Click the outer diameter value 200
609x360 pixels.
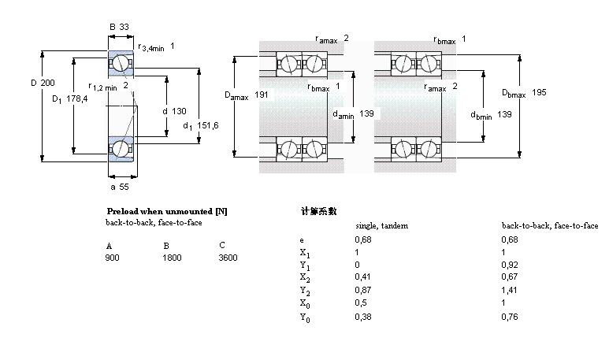coord(48,83)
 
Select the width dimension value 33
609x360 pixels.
coord(124,27)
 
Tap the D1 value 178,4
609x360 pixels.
coord(77,98)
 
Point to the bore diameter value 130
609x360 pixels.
coord(179,111)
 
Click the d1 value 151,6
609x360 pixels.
coord(208,125)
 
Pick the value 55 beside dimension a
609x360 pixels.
coord(124,187)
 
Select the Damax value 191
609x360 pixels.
coord(262,95)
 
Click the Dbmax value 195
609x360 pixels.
coord(539,92)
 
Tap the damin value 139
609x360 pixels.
coord(366,113)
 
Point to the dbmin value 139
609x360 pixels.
coord(504,114)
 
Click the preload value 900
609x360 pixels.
coord(112,258)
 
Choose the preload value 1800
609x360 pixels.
coord(172,258)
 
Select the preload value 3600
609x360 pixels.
coord(228,258)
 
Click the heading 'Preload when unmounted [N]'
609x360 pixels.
coord(167,211)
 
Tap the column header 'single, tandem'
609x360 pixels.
coord(382,225)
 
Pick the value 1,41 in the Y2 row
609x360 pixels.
coord(509,290)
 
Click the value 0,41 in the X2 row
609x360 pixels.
coord(362,277)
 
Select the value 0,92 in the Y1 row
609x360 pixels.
coord(510,265)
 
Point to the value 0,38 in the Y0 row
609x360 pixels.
coord(363,317)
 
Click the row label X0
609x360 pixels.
coord(305,304)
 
